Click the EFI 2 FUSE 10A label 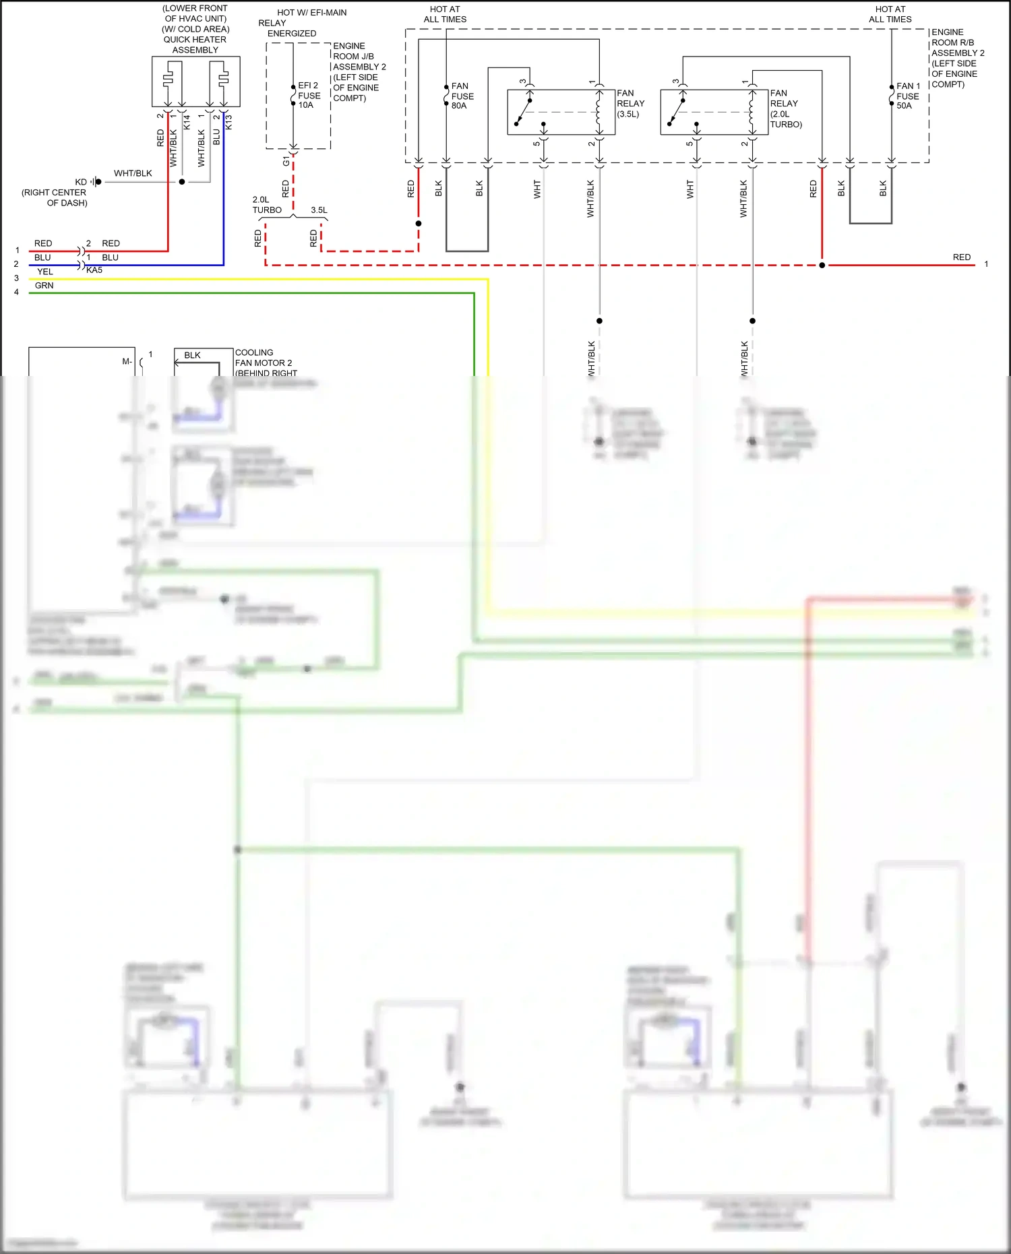(309, 95)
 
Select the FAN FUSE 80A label (462, 96)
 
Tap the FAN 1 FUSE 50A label (907, 96)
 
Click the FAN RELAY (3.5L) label (630, 103)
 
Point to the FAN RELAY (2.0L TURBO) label (785, 108)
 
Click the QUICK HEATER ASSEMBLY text (195, 44)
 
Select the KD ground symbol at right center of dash (97, 182)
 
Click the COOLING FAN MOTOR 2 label (264, 363)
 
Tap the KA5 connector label (94, 270)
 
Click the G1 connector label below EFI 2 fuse (286, 161)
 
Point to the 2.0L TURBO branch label (267, 205)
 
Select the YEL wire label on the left (45, 272)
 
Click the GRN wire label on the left (44, 286)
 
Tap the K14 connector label (187, 122)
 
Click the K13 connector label (228, 122)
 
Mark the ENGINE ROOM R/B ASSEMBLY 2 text (957, 58)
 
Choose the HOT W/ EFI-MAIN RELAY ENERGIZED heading (303, 23)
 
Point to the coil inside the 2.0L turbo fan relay (751, 112)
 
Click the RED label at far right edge (961, 257)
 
